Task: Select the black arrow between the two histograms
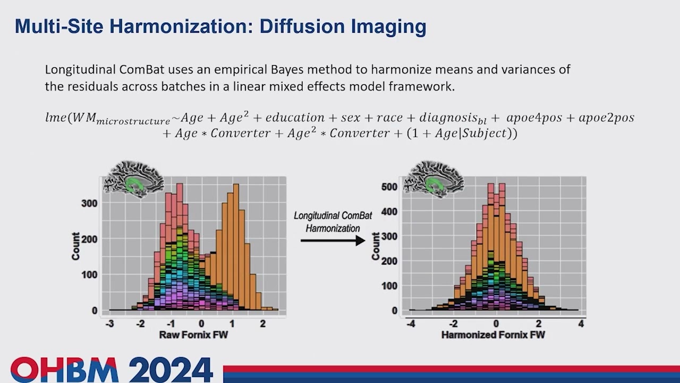tap(333, 240)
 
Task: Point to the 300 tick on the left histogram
tap(89, 203)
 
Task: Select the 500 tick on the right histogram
tap(390, 187)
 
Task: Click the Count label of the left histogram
tap(76, 246)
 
